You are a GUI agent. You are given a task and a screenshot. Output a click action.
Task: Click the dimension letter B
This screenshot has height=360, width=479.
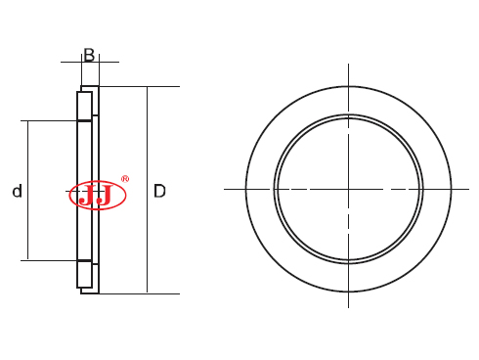[89, 55]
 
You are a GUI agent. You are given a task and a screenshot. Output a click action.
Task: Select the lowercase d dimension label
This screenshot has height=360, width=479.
[17, 192]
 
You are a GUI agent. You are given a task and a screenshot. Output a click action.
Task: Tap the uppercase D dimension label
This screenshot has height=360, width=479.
[159, 192]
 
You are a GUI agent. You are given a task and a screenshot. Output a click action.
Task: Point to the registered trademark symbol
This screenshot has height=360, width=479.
[124, 179]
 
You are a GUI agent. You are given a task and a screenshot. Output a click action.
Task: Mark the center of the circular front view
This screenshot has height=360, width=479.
[348, 188]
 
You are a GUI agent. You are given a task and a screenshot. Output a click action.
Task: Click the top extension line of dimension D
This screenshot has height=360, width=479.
[147, 87]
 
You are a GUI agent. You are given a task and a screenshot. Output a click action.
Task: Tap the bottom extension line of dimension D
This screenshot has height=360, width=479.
[147, 292]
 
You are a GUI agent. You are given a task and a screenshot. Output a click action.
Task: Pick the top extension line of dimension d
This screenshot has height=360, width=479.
[49, 121]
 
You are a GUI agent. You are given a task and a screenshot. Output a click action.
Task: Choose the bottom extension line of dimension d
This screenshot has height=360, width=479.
[49, 260]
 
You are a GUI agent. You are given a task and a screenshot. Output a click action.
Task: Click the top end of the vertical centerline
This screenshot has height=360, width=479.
[348, 66]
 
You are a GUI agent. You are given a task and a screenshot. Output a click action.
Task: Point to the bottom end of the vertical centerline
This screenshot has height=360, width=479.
[348, 306]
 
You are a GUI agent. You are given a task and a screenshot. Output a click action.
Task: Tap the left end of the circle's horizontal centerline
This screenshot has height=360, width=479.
[226, 188]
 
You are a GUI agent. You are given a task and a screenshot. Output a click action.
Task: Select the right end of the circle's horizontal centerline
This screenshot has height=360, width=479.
[471, 188]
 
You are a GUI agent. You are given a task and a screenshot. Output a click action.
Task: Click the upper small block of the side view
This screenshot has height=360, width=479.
[84, 106]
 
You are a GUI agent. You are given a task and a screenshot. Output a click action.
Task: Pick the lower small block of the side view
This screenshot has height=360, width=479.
[84, 274]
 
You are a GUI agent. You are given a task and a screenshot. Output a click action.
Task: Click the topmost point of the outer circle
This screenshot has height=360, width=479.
[348, 85]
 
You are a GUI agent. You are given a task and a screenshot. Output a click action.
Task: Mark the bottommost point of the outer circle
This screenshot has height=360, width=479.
[348, 292]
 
